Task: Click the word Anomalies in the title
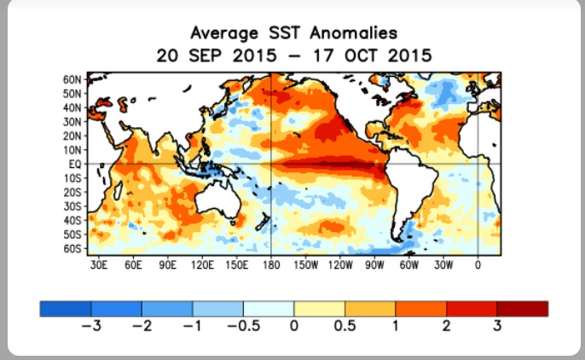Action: tap(354, 33)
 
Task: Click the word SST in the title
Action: tap(285, 33)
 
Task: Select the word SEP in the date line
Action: tap(205, 56)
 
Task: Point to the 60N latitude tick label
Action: tap(72, 79)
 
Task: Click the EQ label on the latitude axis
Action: tap(75, 164)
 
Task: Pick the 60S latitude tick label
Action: tap(72, 248)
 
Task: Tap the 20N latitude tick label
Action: tap(72, 136)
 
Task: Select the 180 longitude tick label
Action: tap(271, 264)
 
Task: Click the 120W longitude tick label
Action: tap(340, 264)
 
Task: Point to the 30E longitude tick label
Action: tap(99, 264)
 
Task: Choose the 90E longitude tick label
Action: tap(167, 264)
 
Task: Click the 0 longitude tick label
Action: tap(478, 264)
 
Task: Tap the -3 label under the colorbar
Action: tap(91, 326)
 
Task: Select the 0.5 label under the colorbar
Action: tap(345, 326)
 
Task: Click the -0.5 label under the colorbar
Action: tap(244, 326)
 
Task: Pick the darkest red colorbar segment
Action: tap(522, 309)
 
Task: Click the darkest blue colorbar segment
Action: tap(66, 309)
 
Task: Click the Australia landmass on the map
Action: tap(218, 200)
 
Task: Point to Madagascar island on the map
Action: tap(118, 190)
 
